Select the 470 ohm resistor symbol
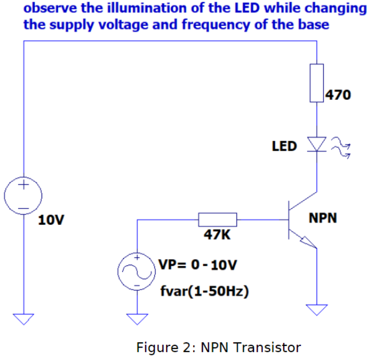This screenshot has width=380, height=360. pyautogui.click(x=317, y=82)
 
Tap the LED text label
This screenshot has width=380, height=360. pyautogui.click(x=284, y=146)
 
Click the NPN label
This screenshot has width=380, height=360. pyautogui.click(x=323, y=218)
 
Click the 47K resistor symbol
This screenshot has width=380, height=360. pyautogui.click(x=218, y=220)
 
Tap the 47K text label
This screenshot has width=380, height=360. pyautogui.click(x=217, y=235)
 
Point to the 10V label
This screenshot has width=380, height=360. pyautogui.click(x=51, y=220)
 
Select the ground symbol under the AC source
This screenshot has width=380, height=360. pyautogui.click(x=137, y=318)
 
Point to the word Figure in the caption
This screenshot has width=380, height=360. pyautogui.click(x=155, y=347)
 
